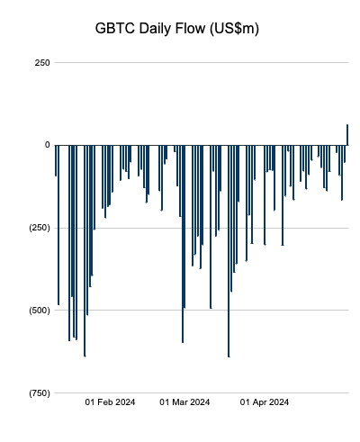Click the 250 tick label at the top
41,62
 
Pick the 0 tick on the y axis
47,145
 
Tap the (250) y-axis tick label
37,228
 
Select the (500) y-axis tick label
37,311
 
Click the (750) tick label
37,393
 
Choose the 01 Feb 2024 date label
109,402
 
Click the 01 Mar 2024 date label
184,402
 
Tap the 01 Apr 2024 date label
265,402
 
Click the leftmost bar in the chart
56,160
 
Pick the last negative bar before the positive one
345,153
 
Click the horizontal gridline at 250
198,62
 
